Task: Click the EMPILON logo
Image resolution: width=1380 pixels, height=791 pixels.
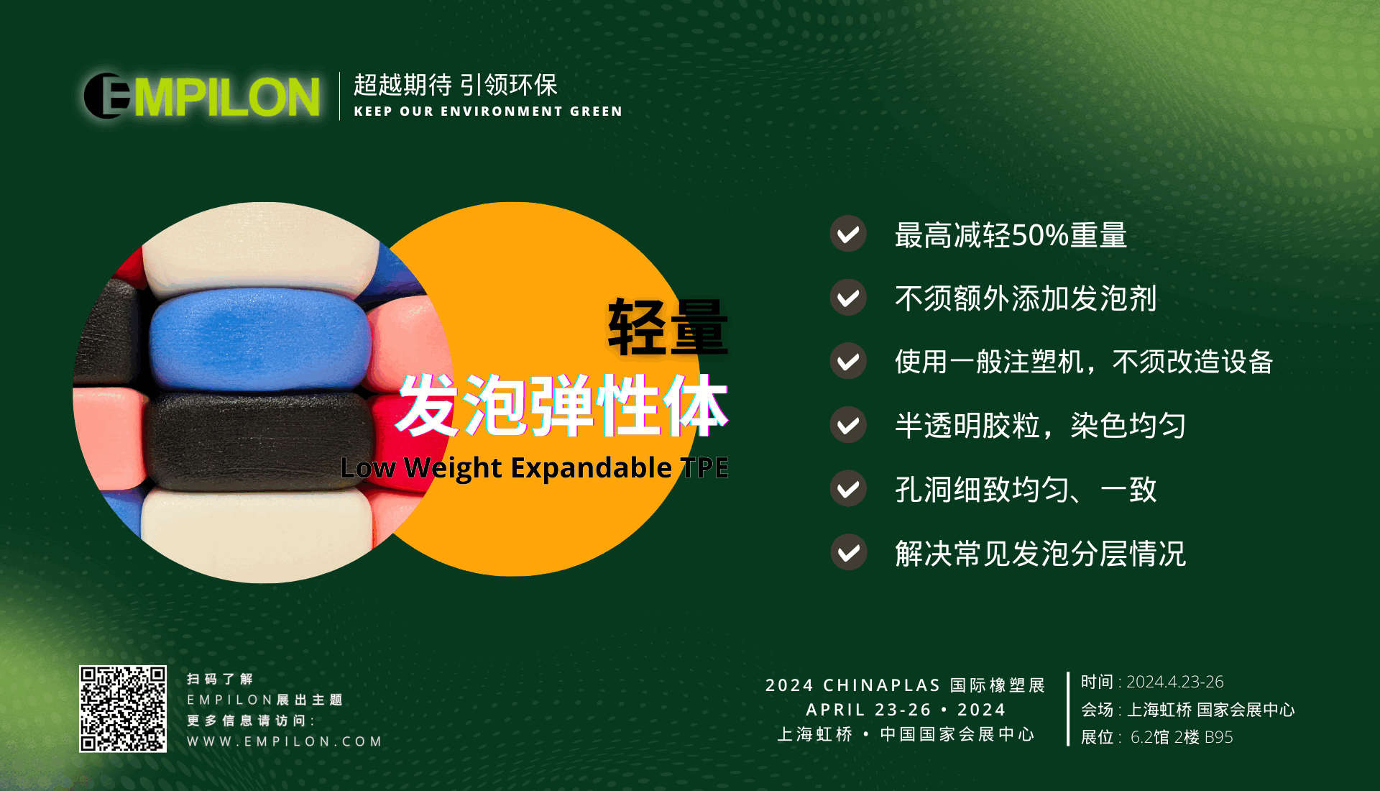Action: (x=202, y=96)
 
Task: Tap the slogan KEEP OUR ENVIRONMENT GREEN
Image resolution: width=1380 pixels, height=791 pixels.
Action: (x=488, y=111)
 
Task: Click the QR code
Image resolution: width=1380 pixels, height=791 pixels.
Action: (x=123, y=709)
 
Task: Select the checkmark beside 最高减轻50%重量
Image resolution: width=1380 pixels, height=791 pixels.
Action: (x=848, y=234)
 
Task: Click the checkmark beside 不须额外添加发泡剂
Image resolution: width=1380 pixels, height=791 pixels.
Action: (x=848, y=298)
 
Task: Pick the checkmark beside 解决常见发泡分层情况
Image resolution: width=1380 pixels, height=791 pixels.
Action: (x=848, y=552)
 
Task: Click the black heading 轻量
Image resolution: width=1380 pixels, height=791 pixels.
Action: (x=668, y=327)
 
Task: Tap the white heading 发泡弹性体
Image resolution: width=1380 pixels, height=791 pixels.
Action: (x=563, y=406)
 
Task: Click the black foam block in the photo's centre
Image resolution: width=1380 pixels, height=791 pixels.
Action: (x=259, y=441)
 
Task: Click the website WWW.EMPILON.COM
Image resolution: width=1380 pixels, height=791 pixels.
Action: (x=285, y=741)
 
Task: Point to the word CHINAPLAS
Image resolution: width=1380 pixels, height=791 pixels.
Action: (x=882, y=685)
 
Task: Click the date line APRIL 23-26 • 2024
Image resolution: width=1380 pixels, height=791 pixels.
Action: (x=906, y=710)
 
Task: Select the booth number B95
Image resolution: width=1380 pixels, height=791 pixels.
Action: (x=1218, y=737)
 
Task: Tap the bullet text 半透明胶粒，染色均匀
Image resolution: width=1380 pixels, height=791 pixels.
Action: (x=1040, y=425)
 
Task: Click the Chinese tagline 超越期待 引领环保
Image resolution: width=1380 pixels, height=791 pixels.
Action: (x=456, y=85)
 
